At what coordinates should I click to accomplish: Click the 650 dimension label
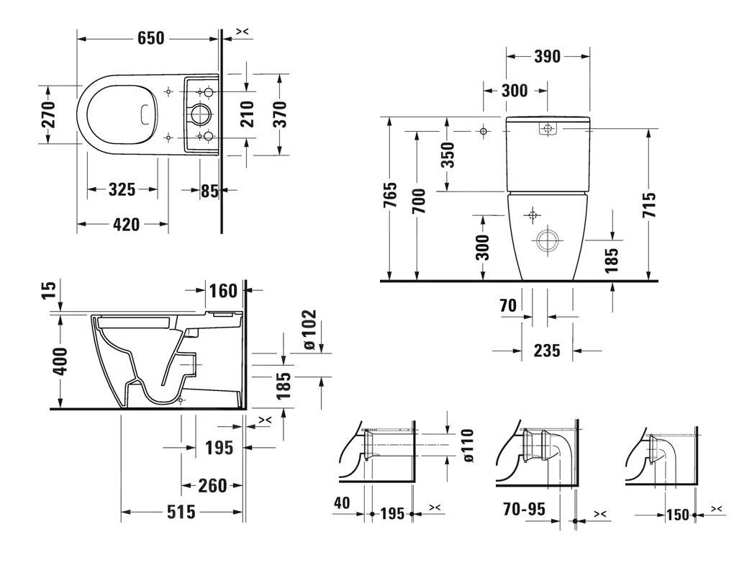[x=150, y=38]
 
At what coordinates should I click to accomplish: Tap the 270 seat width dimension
[x=48, y=114]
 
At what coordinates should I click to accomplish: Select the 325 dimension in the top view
[x=122, y=189]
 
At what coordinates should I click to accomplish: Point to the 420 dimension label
[x=126, y=225]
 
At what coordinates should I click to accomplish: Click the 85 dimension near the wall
[x=209, y=191]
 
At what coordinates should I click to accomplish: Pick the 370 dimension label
[x=280, y=114]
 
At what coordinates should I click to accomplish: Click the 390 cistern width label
[x=547, y=57]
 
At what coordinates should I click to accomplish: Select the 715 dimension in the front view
[x=649, y=205]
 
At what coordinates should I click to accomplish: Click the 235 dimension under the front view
[x=547, y=351]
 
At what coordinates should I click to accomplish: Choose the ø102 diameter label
[x=309, y=329]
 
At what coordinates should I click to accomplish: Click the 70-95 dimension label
[x=524, y=509]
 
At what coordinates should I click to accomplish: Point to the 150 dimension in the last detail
[x=676, y=515]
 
